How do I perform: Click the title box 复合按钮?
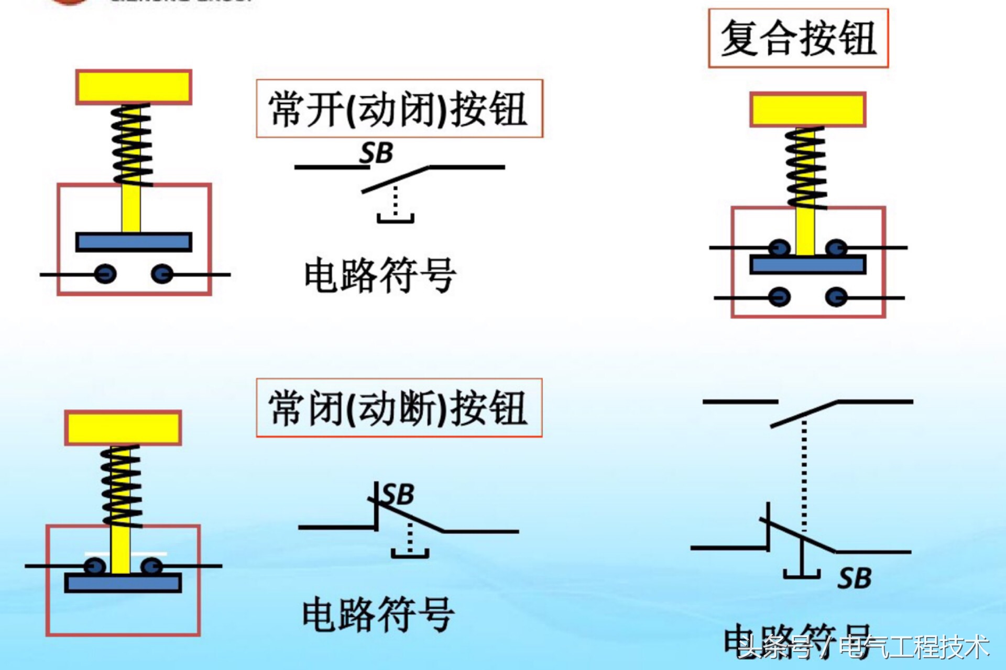coord(798,38)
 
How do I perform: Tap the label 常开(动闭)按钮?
coord(399,109)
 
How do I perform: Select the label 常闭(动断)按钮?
coord(399,408)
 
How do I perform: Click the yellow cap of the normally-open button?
coord(134,87)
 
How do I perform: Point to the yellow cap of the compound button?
coord(807,109)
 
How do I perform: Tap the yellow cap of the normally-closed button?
coord(123,428)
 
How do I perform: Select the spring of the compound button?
coord(806,167)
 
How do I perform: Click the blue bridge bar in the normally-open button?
coord(134,242)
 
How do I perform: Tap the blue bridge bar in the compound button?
coord(807,265)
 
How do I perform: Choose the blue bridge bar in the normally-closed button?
coord(123,583)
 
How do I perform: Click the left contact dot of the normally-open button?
coord(106,274)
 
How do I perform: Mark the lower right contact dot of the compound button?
coord(836,297)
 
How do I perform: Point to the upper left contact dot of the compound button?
coord(779,247)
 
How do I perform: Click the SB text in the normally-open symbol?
coord(376,153)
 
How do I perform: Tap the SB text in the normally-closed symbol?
coord(398,494)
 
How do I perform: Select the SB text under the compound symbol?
coord(854,578)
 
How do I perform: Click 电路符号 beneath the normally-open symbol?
coord(380,275)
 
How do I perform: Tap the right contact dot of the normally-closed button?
coord(151,566)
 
